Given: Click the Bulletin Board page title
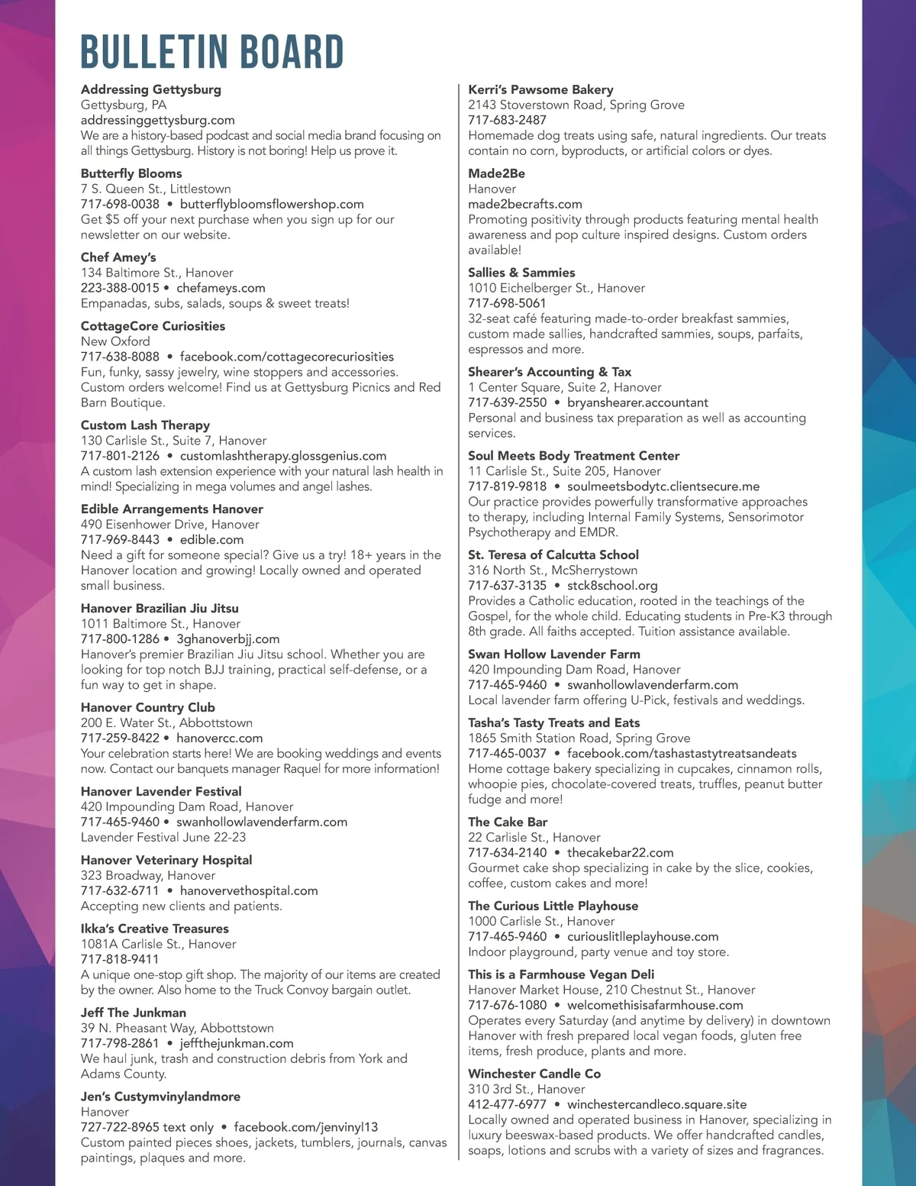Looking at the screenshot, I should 211,52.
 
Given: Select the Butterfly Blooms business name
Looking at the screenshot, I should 131,173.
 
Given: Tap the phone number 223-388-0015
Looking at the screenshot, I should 120,288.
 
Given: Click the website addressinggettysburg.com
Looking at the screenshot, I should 157,120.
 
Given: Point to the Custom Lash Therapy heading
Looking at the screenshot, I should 145,425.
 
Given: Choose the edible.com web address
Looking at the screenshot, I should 211,540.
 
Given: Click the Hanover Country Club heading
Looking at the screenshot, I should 148,708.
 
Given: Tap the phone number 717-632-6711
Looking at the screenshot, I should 120,890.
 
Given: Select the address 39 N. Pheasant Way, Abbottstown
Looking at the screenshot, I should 177,1028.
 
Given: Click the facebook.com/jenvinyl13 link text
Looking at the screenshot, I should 305,1127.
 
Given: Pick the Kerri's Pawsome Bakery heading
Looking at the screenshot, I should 540,89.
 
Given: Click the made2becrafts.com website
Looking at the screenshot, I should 525,204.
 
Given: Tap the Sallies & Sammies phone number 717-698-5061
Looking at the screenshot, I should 507,303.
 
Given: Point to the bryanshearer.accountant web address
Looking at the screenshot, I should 637,402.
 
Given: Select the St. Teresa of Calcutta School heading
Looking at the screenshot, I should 553,555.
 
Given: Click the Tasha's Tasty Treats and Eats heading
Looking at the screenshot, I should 554,722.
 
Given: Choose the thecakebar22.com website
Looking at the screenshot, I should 620,852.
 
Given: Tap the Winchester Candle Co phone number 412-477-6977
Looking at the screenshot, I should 507,1104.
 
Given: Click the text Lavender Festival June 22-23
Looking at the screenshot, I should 163,837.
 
